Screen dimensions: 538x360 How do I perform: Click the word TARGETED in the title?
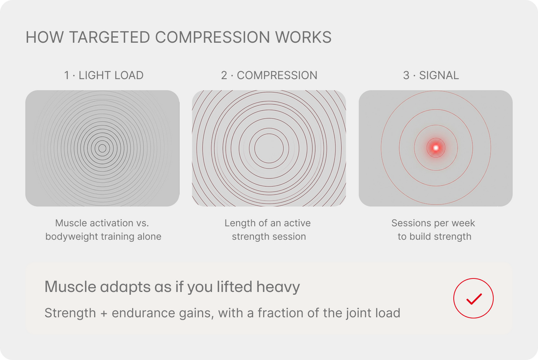pos(109,37)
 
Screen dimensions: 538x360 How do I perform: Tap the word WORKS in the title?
pos(304,37)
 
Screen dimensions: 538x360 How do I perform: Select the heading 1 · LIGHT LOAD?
pos(104,75)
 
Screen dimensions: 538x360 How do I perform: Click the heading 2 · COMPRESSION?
pos(269,75)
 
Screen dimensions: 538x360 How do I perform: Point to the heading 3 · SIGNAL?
pos(431,75)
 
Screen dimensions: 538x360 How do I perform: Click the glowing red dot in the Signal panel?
pos(436,147)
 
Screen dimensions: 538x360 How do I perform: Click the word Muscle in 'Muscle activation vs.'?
pos(71,223)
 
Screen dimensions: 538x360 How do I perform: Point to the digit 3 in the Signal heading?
pos(406,75)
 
